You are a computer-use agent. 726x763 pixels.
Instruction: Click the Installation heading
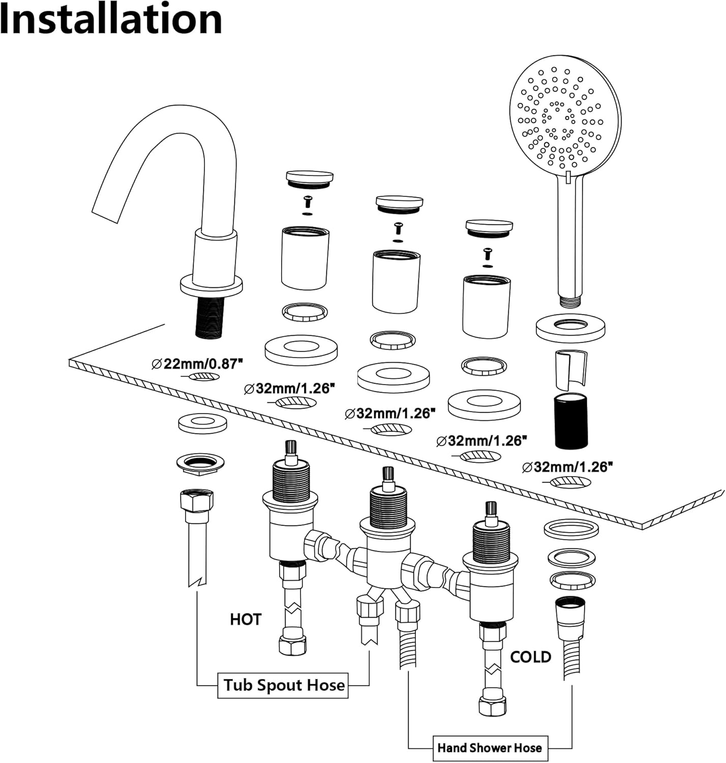pos(111,19)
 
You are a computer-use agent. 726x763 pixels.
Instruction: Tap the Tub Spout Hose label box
pos(284,685)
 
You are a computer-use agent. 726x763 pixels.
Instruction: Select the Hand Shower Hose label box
pos(490,748)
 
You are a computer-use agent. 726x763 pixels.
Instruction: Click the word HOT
pos(246,620)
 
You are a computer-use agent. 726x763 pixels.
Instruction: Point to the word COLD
pos(530,657)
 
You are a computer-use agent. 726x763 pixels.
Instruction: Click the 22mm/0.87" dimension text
pos(198,364)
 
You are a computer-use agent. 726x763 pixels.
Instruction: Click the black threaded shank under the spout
pos(210,316)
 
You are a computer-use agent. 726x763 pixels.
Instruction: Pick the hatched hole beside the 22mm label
pos(205,377)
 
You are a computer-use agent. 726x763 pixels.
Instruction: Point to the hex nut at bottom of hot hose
pos(293,645)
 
